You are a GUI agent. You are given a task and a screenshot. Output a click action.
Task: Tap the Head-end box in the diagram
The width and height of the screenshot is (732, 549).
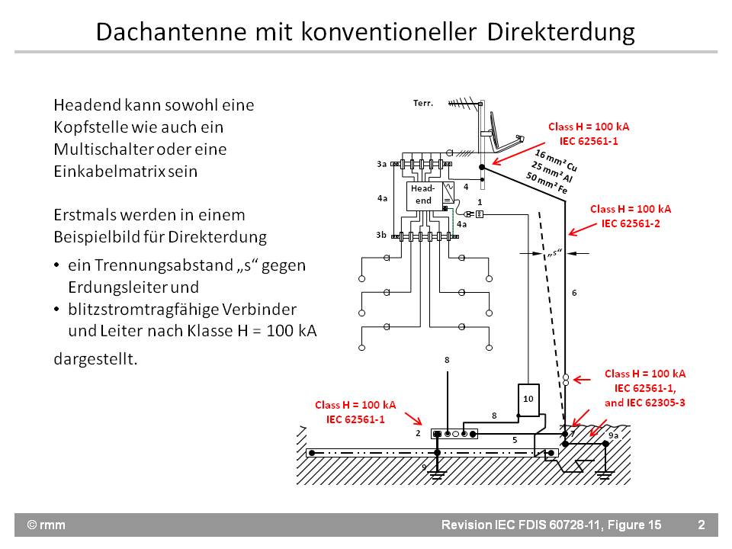click(422, 194)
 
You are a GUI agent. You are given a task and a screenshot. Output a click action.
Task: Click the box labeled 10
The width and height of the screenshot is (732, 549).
click(528, 399)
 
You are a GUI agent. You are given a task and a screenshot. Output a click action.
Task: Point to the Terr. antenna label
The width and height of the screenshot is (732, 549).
click(423, 103)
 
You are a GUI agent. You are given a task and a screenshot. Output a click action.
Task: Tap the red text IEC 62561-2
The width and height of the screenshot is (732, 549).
click(631, 223)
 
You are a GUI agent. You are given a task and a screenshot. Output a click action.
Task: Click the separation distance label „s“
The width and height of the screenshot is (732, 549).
click(554, 253)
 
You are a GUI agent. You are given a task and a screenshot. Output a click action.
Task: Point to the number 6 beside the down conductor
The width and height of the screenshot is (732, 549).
click(574, 293)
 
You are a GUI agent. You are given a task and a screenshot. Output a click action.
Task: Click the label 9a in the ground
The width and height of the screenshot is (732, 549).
click(615, 435)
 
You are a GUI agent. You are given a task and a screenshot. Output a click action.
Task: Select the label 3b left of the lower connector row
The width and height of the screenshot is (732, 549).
click(381, 235)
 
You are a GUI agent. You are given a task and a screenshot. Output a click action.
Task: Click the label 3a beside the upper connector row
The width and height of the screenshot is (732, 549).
click(381, 164)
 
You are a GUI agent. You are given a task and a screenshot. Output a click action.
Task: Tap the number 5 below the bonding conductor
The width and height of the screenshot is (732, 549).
click(515, 440)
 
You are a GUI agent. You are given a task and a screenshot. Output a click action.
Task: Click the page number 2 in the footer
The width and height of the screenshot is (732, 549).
click(701, 525)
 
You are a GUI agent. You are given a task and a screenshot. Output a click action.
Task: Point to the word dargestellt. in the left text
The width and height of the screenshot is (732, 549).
click(96, 359)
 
